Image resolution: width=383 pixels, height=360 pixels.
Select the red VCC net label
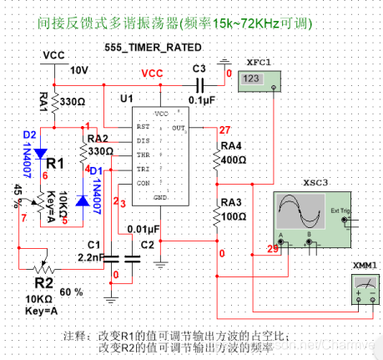(152, 74)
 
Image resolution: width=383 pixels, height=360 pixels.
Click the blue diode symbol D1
(81, 200)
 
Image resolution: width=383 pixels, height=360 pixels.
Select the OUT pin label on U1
(178, 127)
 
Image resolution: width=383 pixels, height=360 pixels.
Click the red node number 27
(223, 130)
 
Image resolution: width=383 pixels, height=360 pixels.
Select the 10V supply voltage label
(78, 69)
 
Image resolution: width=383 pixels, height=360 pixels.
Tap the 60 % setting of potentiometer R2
(70, 292)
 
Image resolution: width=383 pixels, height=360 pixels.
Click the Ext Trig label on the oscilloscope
(341, 210)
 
